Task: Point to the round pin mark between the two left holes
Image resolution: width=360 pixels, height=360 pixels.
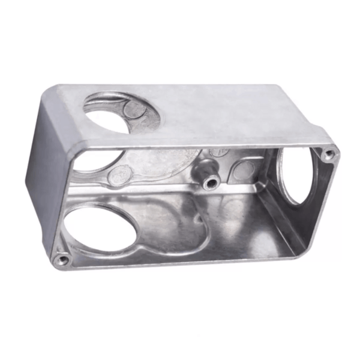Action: pyautogui.click(x=121, y=174)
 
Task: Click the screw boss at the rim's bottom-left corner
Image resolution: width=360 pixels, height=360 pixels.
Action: pyautogui.click(x=61, y=259)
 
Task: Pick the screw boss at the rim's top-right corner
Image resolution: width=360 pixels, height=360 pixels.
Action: pyautogui.click(x=328, y=154)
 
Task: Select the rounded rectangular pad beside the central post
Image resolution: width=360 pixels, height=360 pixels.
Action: pyautogui.click(x=243, y=170)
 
